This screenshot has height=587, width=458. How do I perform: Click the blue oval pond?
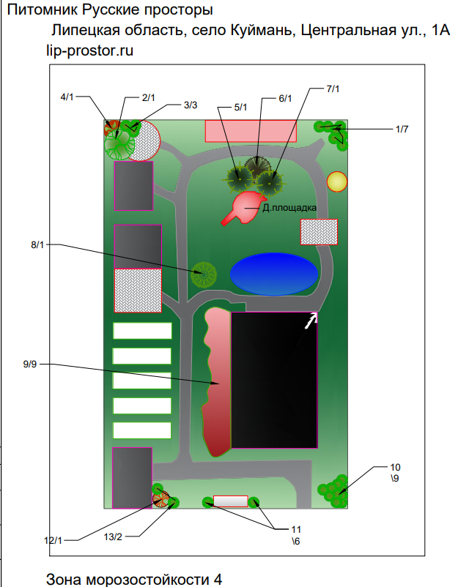point(274,274)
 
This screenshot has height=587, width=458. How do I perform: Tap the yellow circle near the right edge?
point(337,182)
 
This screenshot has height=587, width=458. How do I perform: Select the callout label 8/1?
point(37,245)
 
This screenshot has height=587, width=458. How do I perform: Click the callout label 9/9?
point(30,364)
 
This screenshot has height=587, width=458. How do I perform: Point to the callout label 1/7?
point(402,129)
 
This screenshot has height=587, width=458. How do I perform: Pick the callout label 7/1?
point(333,89)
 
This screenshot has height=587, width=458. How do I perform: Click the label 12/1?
point(53,541)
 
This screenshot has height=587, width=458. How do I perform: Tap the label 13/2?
point(113,536)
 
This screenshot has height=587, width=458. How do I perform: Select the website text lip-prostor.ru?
point(89,51)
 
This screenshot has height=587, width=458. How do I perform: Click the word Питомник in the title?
point(43,10)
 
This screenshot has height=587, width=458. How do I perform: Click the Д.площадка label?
point(289,207)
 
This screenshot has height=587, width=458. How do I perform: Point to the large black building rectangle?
point(274,380)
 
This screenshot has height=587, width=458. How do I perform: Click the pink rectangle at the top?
point(251,131)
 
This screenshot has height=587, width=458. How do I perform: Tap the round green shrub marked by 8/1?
point(204,274)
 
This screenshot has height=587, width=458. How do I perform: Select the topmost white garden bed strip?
point(142,331)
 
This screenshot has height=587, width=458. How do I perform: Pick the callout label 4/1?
point(67,97)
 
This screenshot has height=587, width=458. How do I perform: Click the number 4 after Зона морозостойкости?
point(218,579)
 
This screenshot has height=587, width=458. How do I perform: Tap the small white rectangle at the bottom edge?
point(231,501)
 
